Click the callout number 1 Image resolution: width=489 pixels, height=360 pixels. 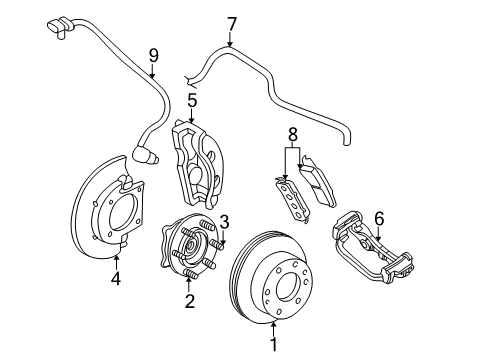(x=272, y=344)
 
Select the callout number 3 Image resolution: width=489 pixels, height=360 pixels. (x=225, y=221)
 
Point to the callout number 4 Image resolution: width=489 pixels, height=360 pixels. (x=116, y=279)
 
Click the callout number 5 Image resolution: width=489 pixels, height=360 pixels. (x=190, y=101)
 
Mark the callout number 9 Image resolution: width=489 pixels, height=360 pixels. (x=153, y=55)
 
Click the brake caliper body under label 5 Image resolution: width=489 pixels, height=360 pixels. (x=197, y=160)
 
